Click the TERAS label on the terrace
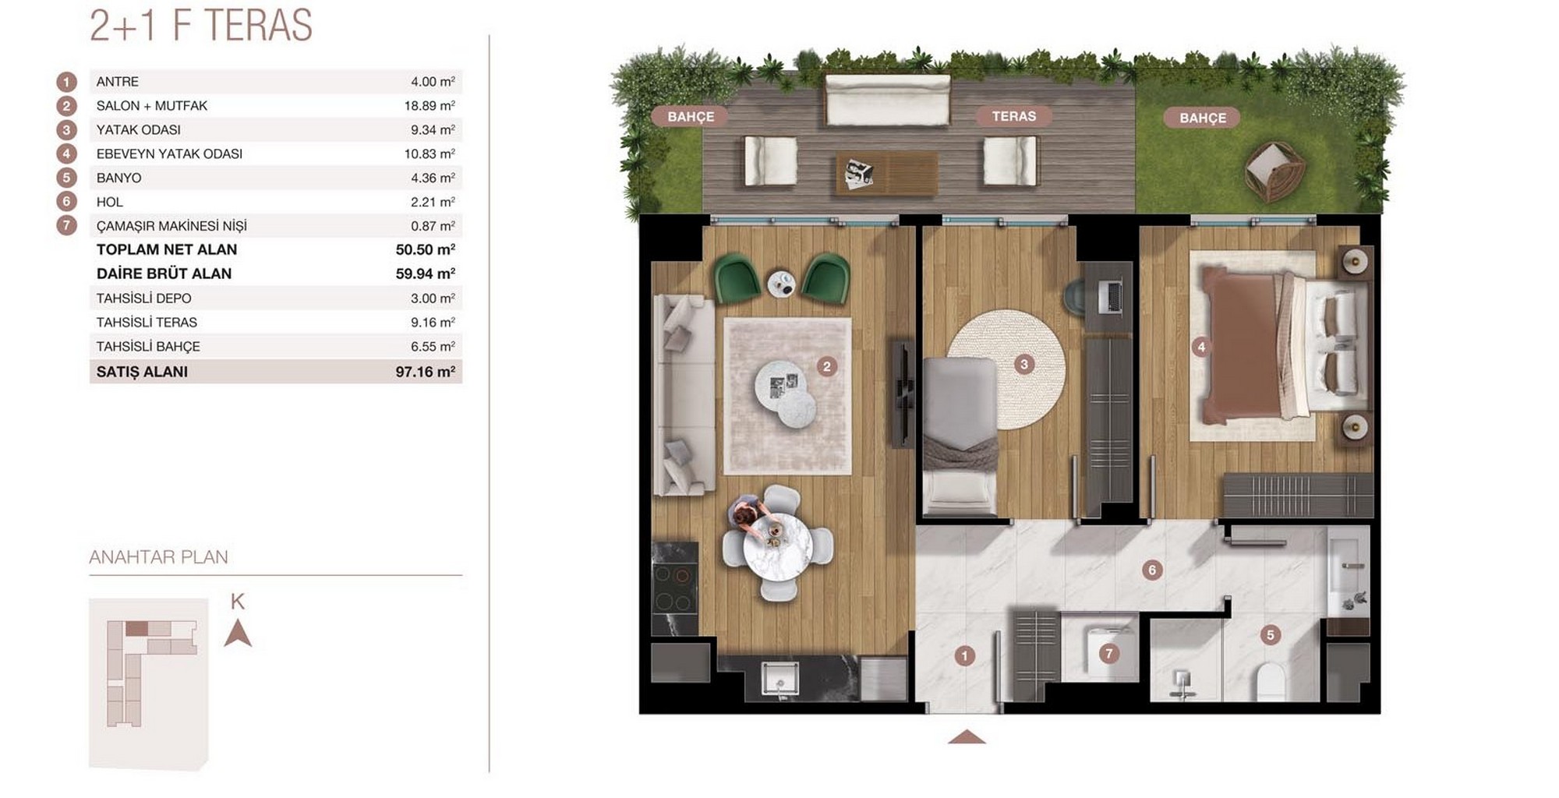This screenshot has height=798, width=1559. click(1013, 116)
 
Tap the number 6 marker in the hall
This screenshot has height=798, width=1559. click(1152, 570)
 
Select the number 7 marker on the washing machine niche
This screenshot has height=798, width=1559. click(1108, 653)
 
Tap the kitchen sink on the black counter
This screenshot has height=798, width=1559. click(779, 679)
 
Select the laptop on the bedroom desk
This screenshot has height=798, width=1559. click(1113, 296)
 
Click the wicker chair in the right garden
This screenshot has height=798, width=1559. click(1274, 171)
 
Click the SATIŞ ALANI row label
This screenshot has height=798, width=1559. click(142, 372)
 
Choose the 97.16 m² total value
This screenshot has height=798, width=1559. click(425, 372)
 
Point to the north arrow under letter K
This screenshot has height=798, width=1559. click(238, 634)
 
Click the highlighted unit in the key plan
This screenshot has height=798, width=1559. click(136, 628)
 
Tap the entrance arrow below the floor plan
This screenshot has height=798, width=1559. click(967, 736)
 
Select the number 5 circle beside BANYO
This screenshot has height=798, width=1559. click(67, 178)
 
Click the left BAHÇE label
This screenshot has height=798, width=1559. click(691, 117)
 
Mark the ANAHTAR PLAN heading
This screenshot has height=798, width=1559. click(158, 557)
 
